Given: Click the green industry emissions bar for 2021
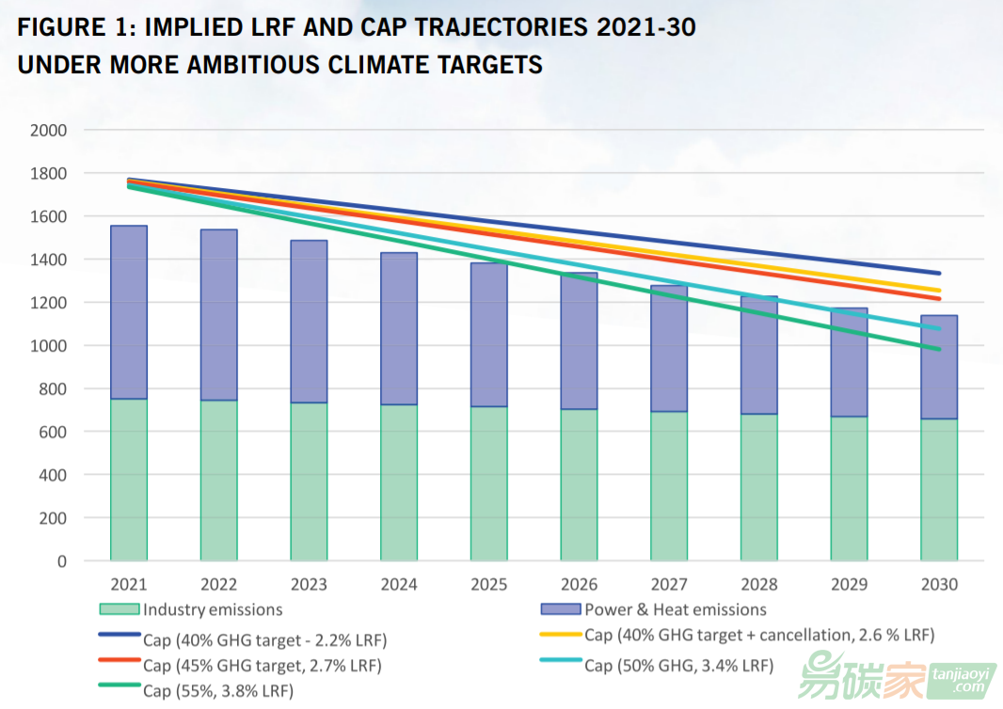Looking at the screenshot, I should point(128,480).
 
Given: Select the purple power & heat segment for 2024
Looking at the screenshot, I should point(399,328).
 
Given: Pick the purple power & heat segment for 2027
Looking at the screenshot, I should point(669,348).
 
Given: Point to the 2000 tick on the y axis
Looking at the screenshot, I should point(49,130).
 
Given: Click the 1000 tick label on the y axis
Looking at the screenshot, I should point(49,346).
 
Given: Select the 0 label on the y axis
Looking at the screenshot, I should point(61,561).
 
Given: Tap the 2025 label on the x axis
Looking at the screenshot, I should point(489,585).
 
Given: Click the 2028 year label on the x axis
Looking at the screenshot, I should point(759,585).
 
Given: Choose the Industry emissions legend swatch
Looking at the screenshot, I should point(119,609).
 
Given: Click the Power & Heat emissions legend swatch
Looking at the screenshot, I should point(561,609).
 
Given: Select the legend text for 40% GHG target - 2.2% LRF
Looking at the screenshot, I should point(264,640).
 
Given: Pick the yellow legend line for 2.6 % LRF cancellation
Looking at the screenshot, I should point(560,635).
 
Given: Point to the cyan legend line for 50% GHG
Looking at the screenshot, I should point(560,660).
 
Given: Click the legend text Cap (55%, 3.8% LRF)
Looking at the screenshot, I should point(217,691).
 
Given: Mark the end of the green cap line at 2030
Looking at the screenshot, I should point(939,349).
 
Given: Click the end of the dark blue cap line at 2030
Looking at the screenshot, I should point(939,274).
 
